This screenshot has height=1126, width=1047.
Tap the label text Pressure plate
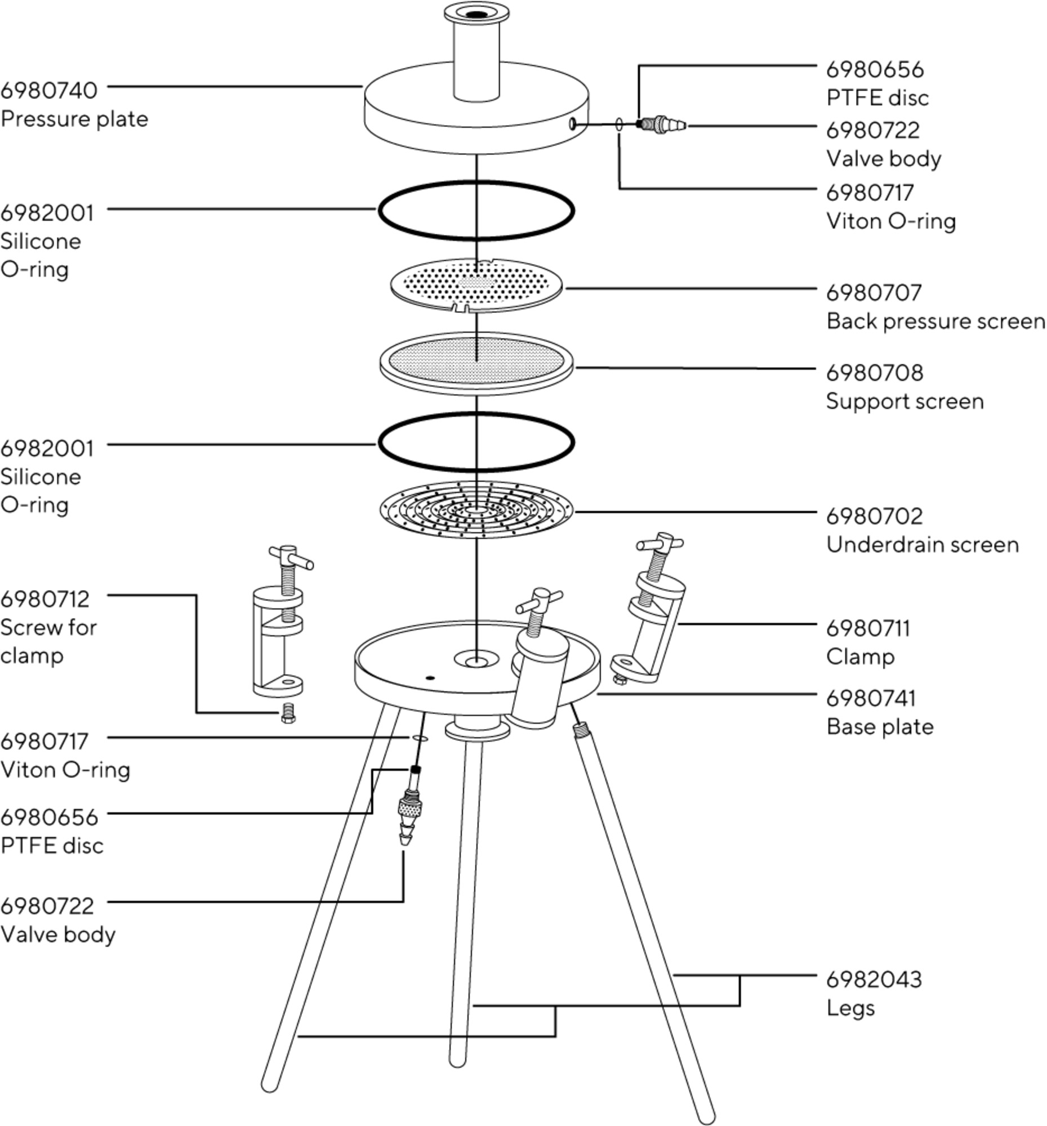pos(74,119)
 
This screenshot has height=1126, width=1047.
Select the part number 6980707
pos(874,293)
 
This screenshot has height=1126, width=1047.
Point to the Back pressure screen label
pos(935,321)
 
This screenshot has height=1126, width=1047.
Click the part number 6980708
pos(874,373)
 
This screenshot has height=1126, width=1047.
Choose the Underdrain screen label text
pos(923,544)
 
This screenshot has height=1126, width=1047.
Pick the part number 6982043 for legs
pos(874,979)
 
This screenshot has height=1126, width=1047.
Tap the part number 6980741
pos(870,698)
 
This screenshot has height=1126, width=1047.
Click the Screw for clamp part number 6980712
pos(44,598)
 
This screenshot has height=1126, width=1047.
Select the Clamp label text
pos(860,656)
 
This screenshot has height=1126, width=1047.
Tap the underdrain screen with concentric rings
pos(476,510)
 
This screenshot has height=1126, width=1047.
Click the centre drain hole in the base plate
pos(476,660)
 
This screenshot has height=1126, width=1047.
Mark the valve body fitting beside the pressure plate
pos(663,124)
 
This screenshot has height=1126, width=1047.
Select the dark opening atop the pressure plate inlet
pos(476,15)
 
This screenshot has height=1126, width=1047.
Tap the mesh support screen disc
pos(476,362)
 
